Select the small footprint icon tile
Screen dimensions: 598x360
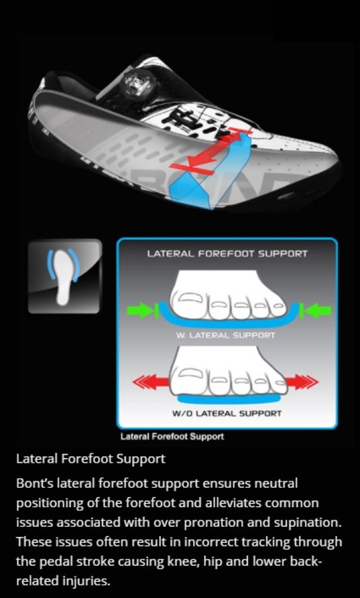click(64, 276)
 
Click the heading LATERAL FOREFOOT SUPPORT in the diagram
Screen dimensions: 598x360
click(227, 254)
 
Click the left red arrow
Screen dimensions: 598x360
click(149, 380)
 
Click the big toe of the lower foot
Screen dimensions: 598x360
click(190, 369)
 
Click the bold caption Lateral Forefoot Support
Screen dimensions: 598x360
click(172, 437)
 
